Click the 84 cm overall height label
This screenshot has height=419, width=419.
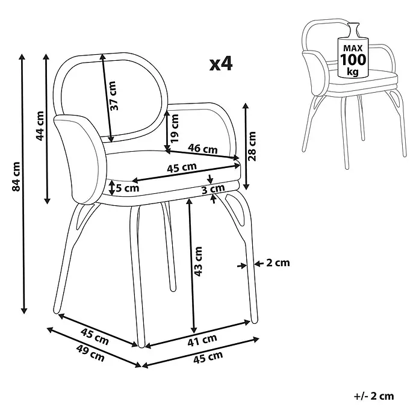click(16, 176)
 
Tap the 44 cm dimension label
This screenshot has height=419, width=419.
click(40, 126)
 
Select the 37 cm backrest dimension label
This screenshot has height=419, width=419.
click(113, 96)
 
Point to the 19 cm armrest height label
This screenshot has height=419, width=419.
click(174, 128)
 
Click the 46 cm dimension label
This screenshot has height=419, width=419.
click(202, 149)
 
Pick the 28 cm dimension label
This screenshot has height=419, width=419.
click(252, 146)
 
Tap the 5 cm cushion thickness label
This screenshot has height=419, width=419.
click(128, 188)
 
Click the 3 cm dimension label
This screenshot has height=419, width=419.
click(213, 190)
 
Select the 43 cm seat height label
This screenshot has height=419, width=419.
click(198, 261)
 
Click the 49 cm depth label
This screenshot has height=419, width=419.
click(90, 353)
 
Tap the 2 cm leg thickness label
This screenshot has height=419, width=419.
click(278, 263)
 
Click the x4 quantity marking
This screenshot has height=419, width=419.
click(221, 64)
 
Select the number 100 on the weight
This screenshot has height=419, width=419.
click(353, 60)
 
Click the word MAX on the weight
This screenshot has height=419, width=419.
click(353, 48)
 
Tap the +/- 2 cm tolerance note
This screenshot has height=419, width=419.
click(374, 396)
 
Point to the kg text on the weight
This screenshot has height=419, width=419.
click(353, 72)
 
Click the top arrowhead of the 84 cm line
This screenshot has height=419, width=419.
click(22, 57)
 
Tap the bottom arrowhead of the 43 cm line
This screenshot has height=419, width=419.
click(194, 330)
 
